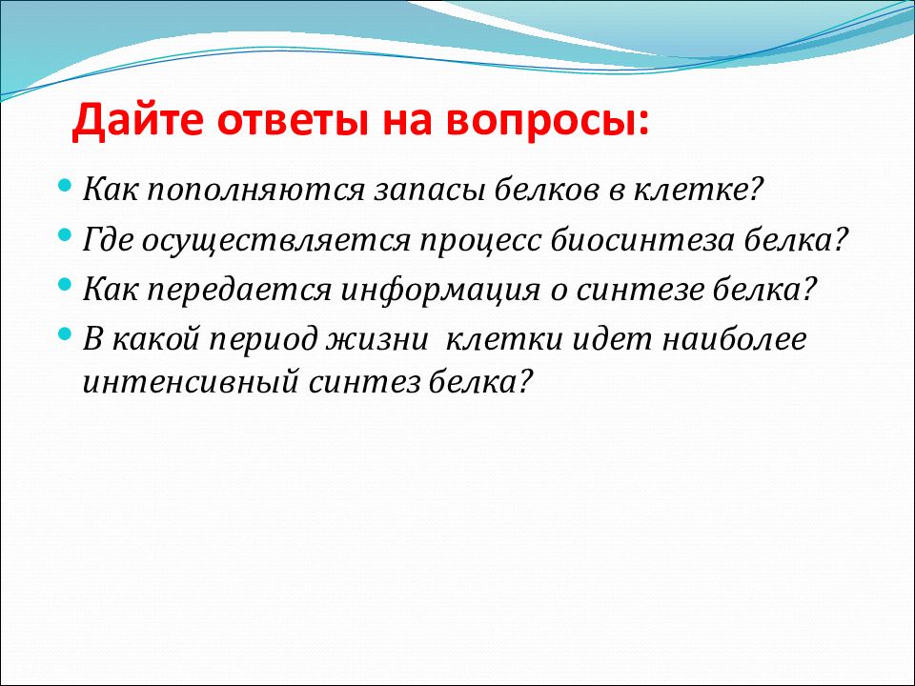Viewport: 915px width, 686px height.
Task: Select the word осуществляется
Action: (x=275, y=241)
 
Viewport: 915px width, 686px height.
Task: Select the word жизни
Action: (x=377, y=339)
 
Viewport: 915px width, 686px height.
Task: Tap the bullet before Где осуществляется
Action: (x=65, y=236)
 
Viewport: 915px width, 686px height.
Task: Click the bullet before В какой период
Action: (x=65, y=334)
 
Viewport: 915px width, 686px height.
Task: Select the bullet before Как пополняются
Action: (x=65, y=186)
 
